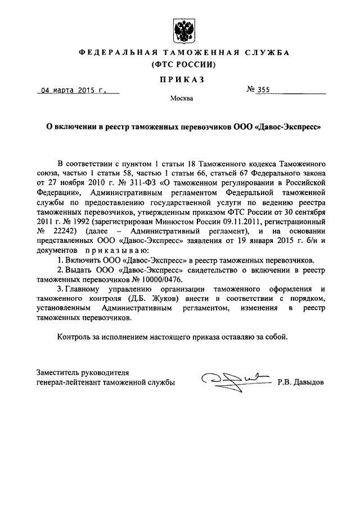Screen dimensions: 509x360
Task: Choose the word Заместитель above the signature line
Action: (61, 372)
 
